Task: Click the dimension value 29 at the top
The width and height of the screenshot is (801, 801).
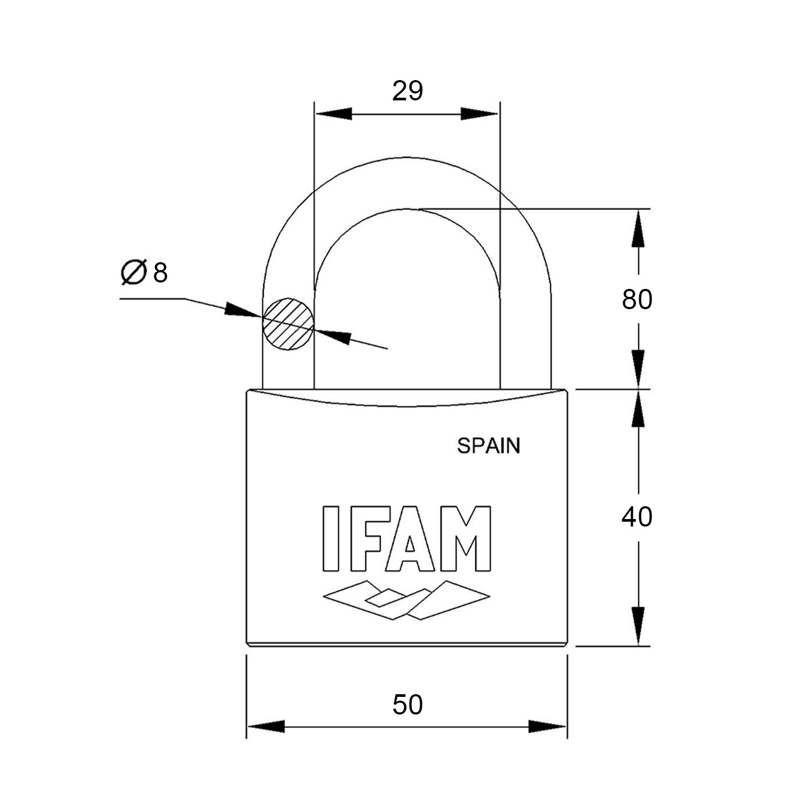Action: tap(407, 91)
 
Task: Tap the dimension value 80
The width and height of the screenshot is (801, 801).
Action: tap(637, 300)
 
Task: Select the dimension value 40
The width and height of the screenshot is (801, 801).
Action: tap(637, 517)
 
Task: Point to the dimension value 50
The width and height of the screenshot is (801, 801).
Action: tap(407, 704)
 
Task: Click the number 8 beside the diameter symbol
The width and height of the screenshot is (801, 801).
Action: tap(160, 273)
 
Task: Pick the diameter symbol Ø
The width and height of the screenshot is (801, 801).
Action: tap(134, 272)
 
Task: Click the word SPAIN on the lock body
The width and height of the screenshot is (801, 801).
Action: tap(489, 445)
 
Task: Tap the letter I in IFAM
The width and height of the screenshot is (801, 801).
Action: tap(330, 538)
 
